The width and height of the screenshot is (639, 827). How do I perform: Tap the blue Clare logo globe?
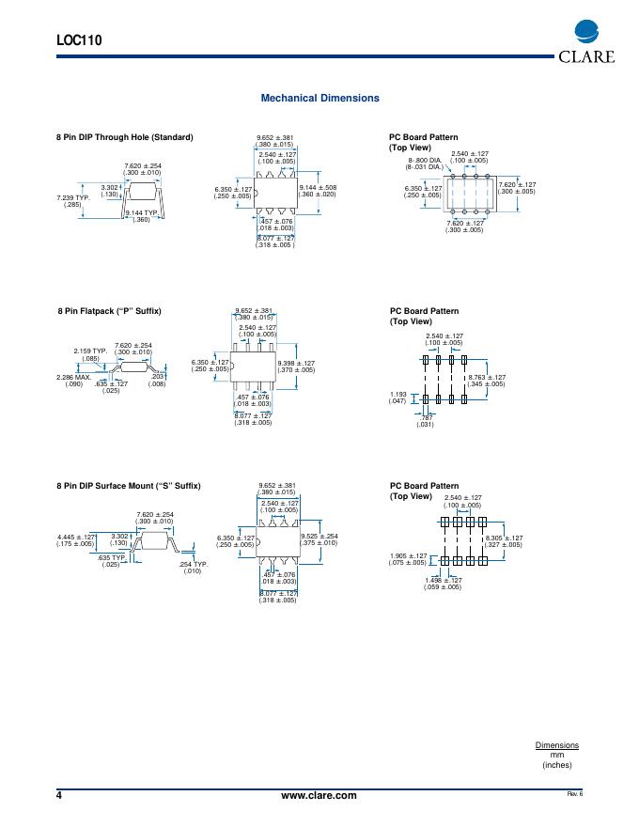(x=585, y=33)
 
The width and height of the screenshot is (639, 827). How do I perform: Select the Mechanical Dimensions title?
(x=319, y=98)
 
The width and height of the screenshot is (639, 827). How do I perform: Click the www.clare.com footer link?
(x=319, y=795)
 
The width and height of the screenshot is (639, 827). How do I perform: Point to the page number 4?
(x=60, y=795)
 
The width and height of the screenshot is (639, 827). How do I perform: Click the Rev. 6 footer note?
(x=574, y=795)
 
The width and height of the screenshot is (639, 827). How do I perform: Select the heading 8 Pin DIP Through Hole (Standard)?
(x=125, y=137)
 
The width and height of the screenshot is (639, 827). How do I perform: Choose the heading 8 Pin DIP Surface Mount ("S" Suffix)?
(x=129, y=485)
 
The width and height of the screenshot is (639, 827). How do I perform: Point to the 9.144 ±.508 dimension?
(x=318, y=189)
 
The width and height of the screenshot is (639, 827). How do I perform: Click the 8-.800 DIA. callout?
(x=424, y=161)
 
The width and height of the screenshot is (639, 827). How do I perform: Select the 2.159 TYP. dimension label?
(x=91, y=351)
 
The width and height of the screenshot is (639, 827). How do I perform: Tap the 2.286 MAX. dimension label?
(x=73, y=377)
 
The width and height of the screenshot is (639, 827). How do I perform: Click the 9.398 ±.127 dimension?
(x=297, y=363)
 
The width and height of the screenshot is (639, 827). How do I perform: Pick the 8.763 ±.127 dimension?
(x=487, y=377)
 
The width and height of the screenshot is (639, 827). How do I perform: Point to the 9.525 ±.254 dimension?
(x=319, y=537)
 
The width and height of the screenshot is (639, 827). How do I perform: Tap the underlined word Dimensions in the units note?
(x=557, y=745)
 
